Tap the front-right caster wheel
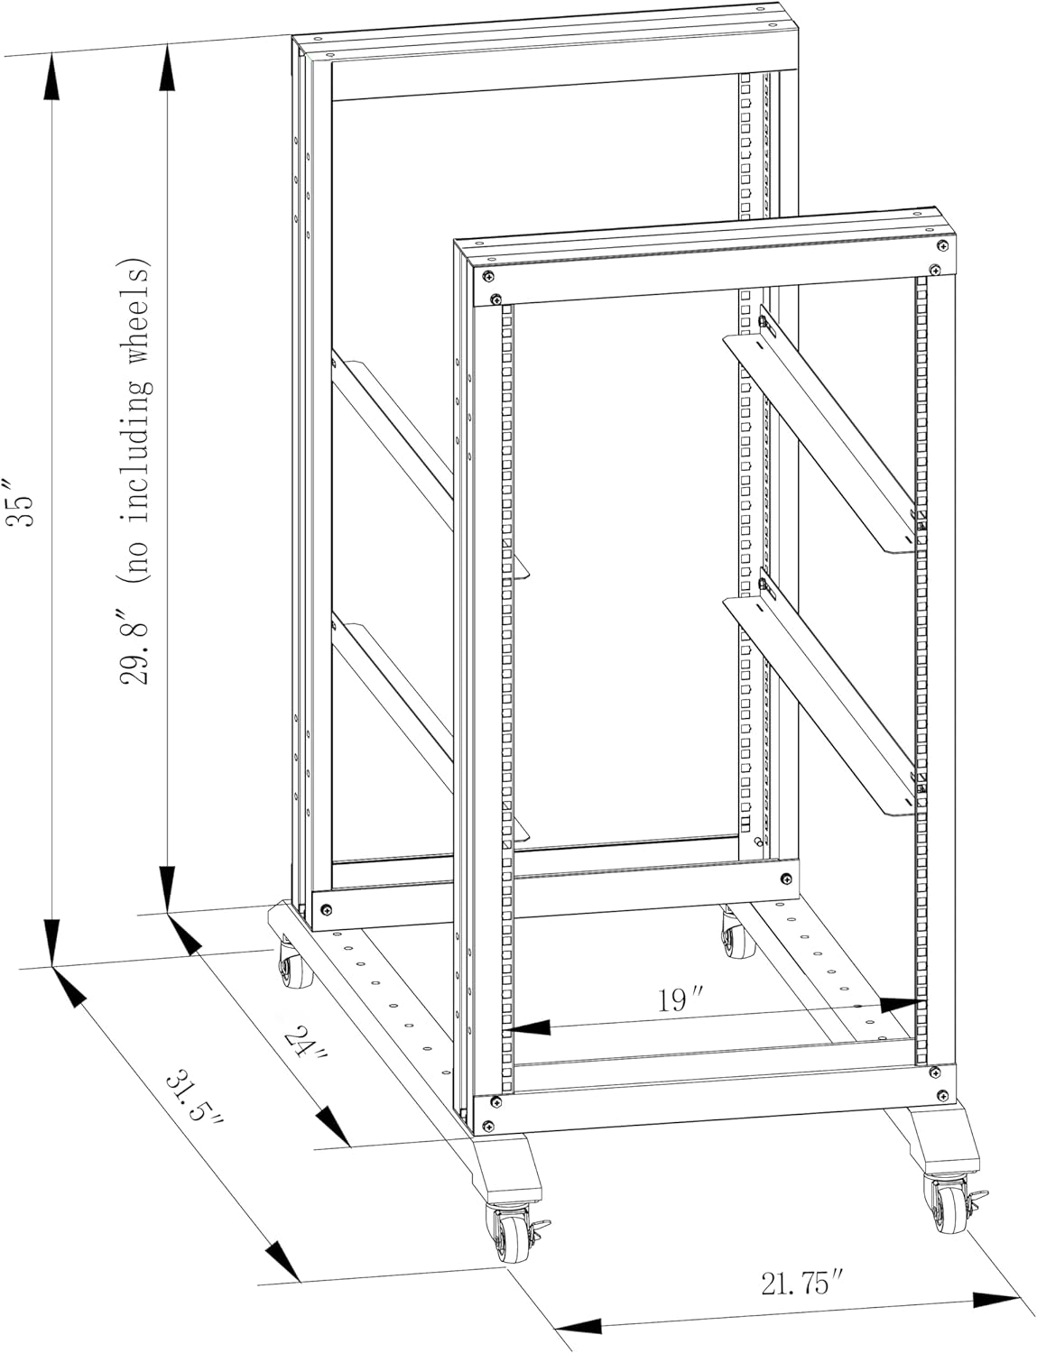[945, 1207]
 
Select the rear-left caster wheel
[292, 972]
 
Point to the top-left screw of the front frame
[487, 275]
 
